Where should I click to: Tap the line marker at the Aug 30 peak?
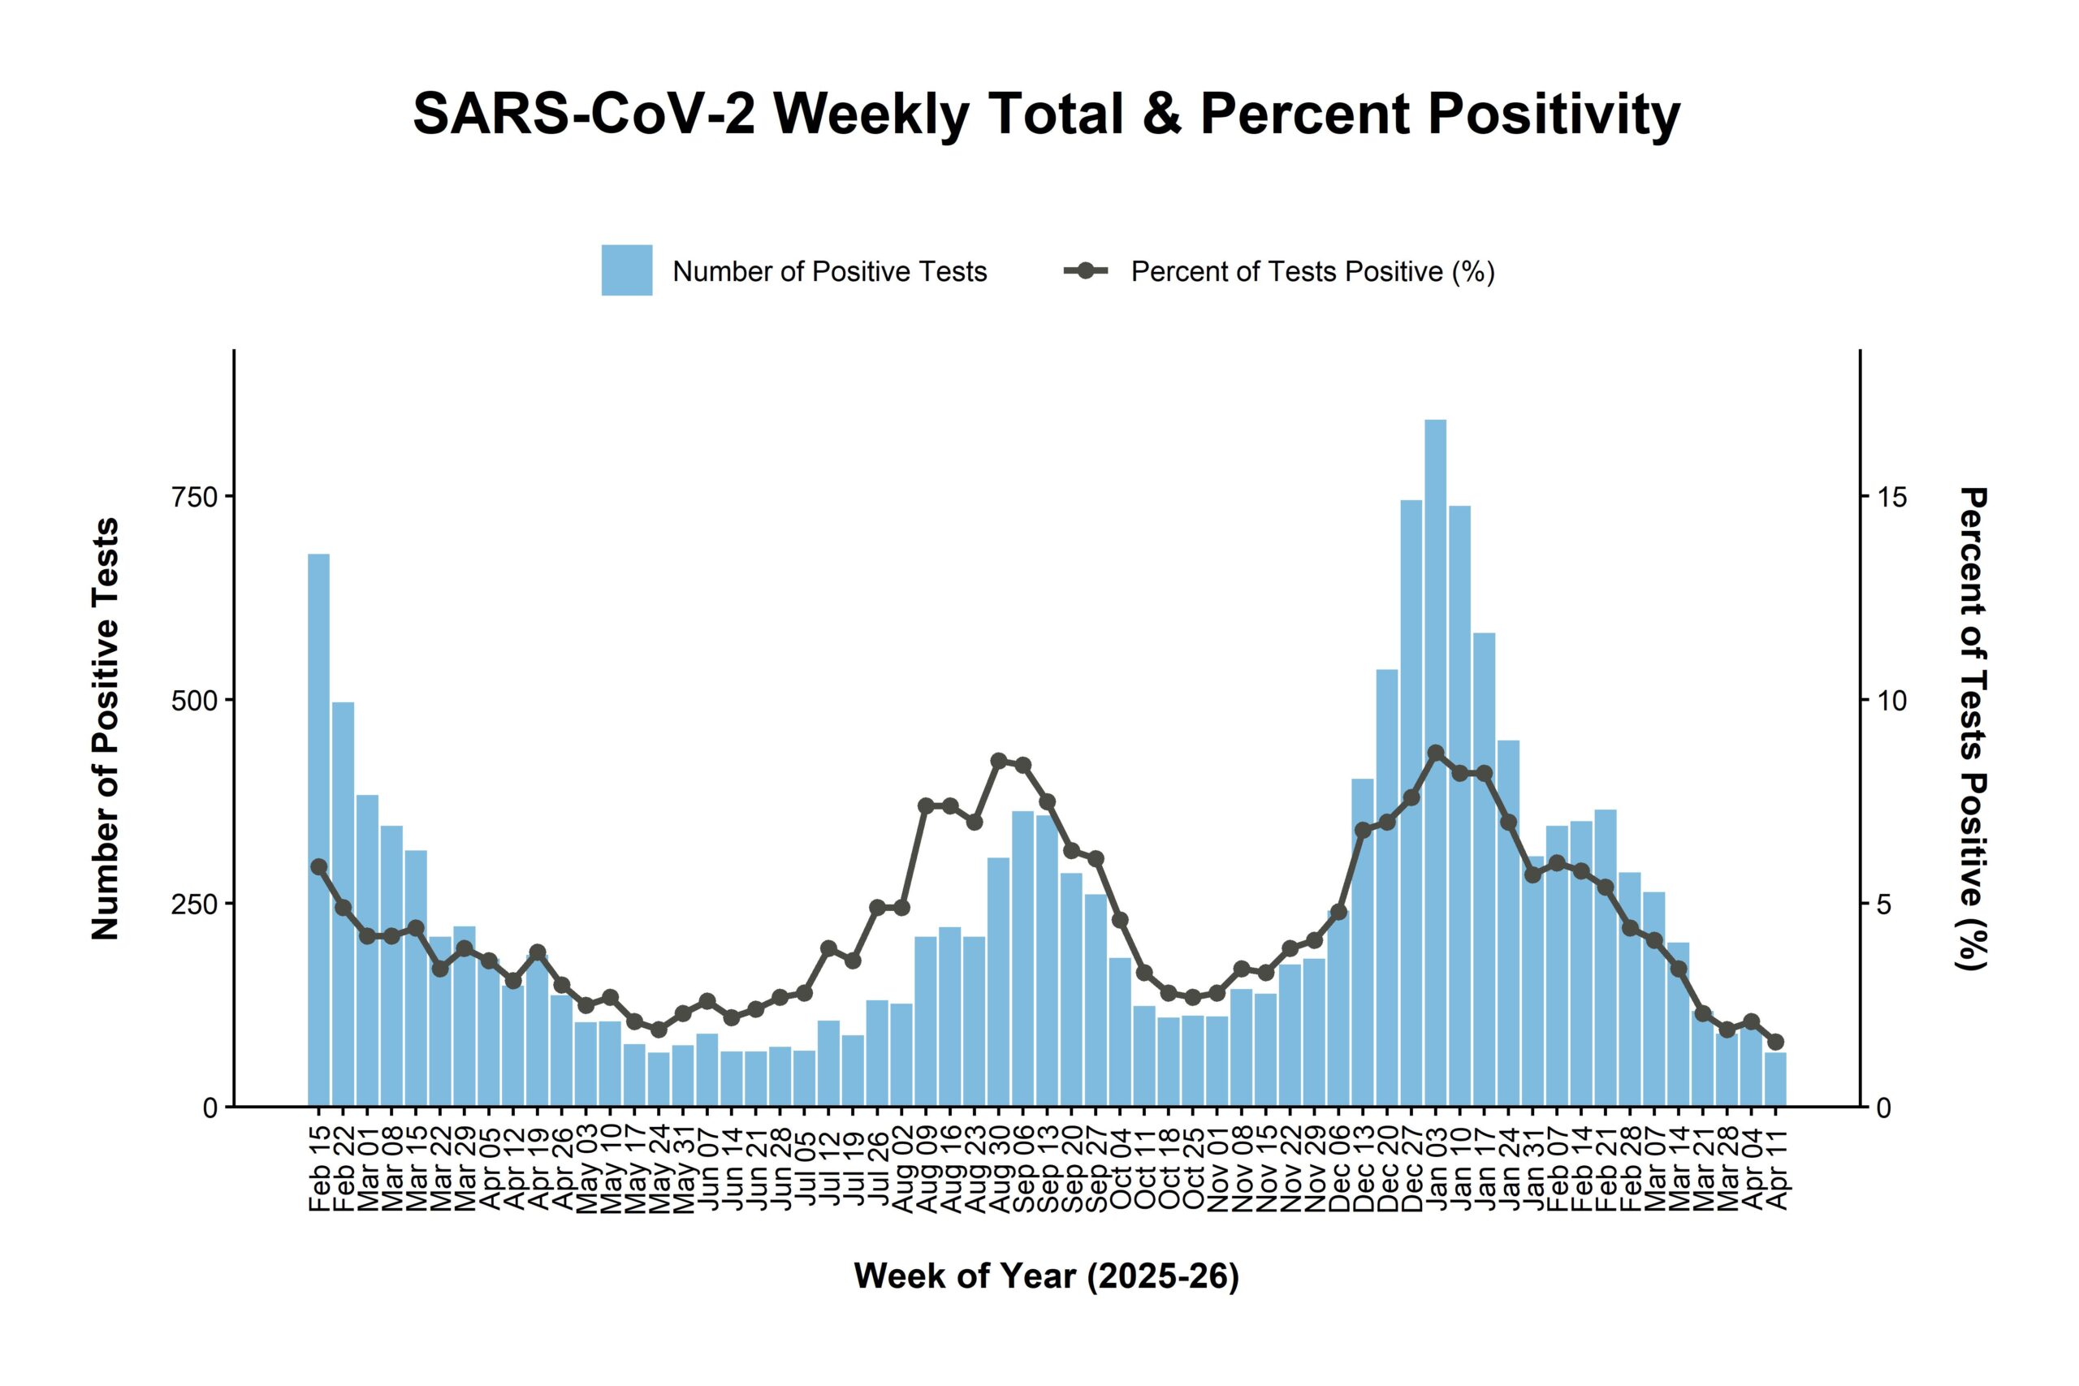999,761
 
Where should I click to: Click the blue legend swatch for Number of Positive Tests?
627,270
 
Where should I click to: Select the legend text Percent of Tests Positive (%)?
1312,271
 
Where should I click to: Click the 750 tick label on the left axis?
194,497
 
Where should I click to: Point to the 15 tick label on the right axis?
1892,497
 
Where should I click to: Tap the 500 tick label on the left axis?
194,700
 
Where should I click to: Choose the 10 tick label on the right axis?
1892,700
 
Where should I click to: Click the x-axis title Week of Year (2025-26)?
1047,1276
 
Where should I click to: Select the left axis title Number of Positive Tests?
106,729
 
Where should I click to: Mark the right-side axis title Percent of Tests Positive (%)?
1973,729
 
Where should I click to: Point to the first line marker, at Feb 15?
319,867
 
